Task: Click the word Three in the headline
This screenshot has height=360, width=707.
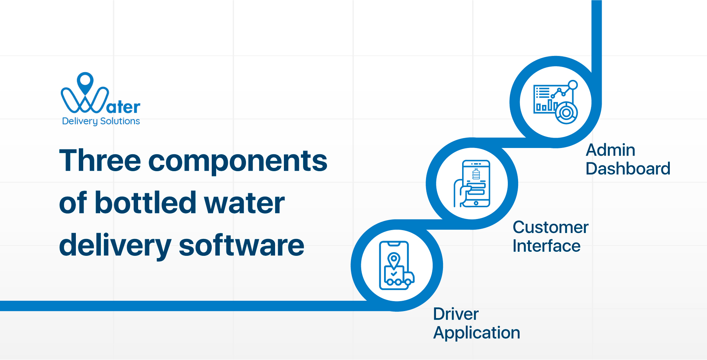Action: click(x=100, y=161)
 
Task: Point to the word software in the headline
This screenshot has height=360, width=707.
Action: click(x=241, y=246)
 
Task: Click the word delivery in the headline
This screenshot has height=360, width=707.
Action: click(x=115, y=246)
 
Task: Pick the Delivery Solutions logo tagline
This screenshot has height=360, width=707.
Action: click(x=101, y=121)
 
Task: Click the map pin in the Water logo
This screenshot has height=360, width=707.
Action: click(x=85, y=82)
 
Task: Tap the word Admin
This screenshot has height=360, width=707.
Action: click(x=610, y=150)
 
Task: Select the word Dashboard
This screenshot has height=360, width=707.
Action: click(x=628, y=169)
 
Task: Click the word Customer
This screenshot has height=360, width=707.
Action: click(x=551, y=227)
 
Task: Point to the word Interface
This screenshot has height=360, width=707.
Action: click(x=546, y=246)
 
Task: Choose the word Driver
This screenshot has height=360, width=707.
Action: click(x=455, y=314)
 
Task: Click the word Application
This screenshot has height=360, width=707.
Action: click(x=476, y=333)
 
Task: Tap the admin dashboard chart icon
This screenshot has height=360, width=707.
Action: click(x=555, y=102)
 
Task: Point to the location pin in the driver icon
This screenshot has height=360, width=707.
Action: click(x=394, y=260)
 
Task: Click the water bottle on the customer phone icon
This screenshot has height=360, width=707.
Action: click(x=476, y=174)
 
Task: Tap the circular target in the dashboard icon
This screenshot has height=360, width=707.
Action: click(x=566, y=113)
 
